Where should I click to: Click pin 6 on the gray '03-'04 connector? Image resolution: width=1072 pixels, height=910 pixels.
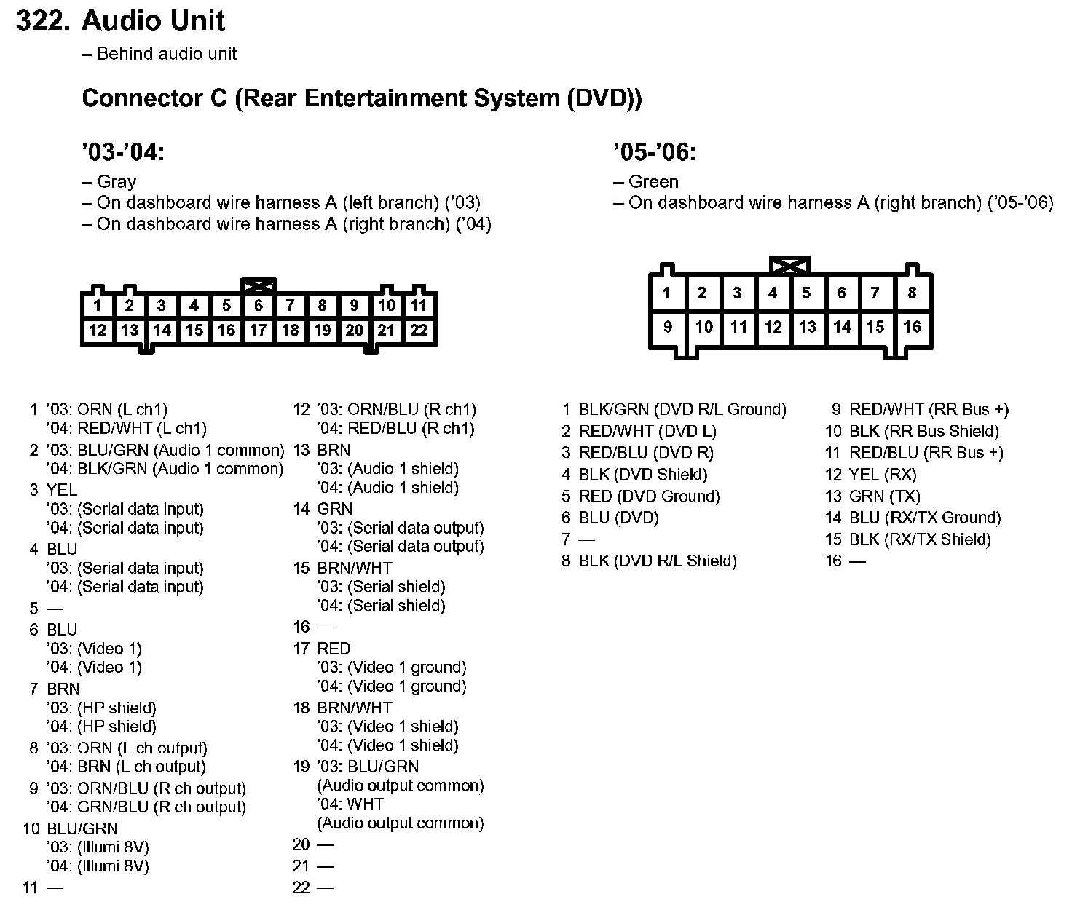click(x=259, y=306)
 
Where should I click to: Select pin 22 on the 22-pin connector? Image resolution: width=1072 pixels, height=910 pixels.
click(x=419, y=331)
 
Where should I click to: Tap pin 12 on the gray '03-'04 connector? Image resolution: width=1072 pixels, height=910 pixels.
click(x=98, y=331)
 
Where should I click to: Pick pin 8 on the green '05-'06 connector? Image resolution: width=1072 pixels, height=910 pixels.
click(x=912, y=293)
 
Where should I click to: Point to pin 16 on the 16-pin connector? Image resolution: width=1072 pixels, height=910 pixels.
click(x=912, y=327)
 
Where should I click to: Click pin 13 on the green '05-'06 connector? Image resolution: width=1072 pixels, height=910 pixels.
click(x=807, y=327)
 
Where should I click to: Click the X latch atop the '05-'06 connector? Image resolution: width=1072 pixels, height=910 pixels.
click(x=790, y=265)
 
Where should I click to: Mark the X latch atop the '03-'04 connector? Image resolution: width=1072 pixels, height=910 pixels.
click(x=259, y=285)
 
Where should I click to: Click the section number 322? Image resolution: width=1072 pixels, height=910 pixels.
click(x=43, y=20)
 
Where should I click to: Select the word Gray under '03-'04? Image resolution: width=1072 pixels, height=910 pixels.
click(x=117, y=182)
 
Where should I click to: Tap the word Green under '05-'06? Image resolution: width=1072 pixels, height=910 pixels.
click(x=653, y=182)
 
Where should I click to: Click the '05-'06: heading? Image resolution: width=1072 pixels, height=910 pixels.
click(x=655, y=153)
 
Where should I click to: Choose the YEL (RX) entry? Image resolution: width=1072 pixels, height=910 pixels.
click(x=882, y=475)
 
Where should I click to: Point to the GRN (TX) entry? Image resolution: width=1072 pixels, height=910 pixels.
click(x=884, y=496)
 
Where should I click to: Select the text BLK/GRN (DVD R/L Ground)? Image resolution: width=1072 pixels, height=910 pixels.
click(x=682, y=410)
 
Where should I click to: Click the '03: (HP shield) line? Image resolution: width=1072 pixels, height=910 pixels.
click(x=101, y=708)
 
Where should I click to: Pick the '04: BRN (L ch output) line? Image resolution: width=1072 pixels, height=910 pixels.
click(x=126, y=767)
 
